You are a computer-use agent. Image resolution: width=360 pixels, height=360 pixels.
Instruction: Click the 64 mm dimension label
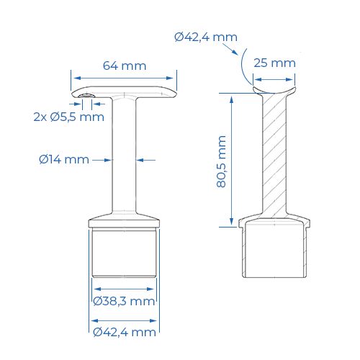[x=125, y=66]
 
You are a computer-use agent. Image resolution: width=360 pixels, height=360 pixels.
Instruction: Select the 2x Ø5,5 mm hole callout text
[x=68, y=117]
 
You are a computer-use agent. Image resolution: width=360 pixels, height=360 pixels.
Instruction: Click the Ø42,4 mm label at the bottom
[x=124, y=332]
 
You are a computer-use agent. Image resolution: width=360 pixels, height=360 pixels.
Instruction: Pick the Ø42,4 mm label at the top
[x=205, y=37]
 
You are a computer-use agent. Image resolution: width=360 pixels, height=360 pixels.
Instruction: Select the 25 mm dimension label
[x=274, y=63]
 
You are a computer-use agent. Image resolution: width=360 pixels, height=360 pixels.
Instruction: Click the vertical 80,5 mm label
[x=221, y=162]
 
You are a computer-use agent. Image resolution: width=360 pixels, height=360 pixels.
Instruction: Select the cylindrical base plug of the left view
[x=125, y=256]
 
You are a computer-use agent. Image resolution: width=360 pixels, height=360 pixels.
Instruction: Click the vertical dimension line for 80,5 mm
[x=232, y=158]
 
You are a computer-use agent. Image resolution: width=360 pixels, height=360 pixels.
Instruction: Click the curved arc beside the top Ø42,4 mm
[x=246, y=66]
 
